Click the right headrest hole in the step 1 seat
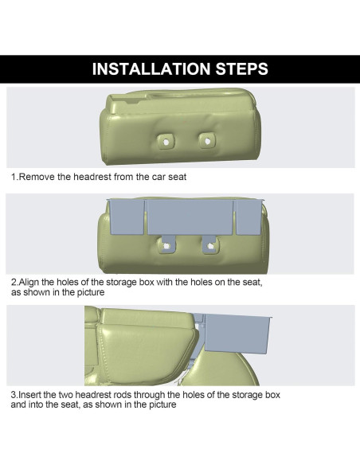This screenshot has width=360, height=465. [207, 140]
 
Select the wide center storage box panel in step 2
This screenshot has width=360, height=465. [189, 217]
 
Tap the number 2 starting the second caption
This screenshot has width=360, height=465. [14, 283]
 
